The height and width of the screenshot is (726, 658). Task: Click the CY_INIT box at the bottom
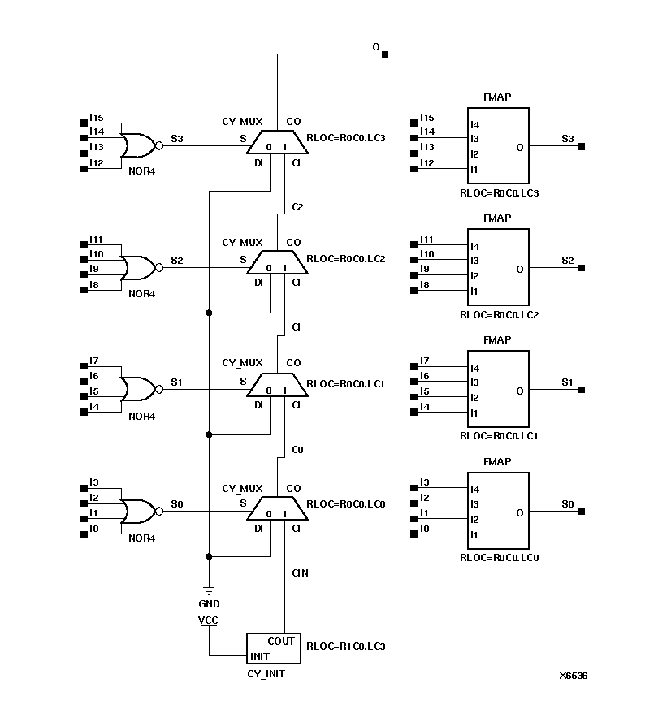click(x=274, y=648)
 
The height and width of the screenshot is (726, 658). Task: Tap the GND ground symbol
click(x=209, y=590)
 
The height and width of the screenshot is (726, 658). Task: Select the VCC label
click(x=209, y=620)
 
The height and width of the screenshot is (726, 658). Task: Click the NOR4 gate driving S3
click(x=138, y=145)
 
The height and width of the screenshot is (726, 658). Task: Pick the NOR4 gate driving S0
click(x=138, y=511)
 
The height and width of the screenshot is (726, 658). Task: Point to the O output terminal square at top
click(x=385, y=54)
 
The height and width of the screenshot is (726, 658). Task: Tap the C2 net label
click(x=297, y=207)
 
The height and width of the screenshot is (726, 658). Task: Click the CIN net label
click(x=300, y=573)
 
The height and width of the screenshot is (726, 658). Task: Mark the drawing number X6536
click(x=573, y=676)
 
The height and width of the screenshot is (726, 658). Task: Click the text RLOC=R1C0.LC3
click(x=344, y=647)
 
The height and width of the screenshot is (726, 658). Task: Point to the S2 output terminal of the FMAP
click(x=582, y=268)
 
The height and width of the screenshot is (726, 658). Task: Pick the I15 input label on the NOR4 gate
click(x=97, y=118)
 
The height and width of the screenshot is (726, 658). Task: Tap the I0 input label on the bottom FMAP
click(x=424, y=529)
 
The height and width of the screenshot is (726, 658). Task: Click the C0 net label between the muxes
click(x=297, y=449)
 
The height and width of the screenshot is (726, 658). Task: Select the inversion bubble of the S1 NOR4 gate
click(x=159, y=390)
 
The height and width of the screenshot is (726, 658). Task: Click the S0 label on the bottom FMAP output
click(x=567, y=505)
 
